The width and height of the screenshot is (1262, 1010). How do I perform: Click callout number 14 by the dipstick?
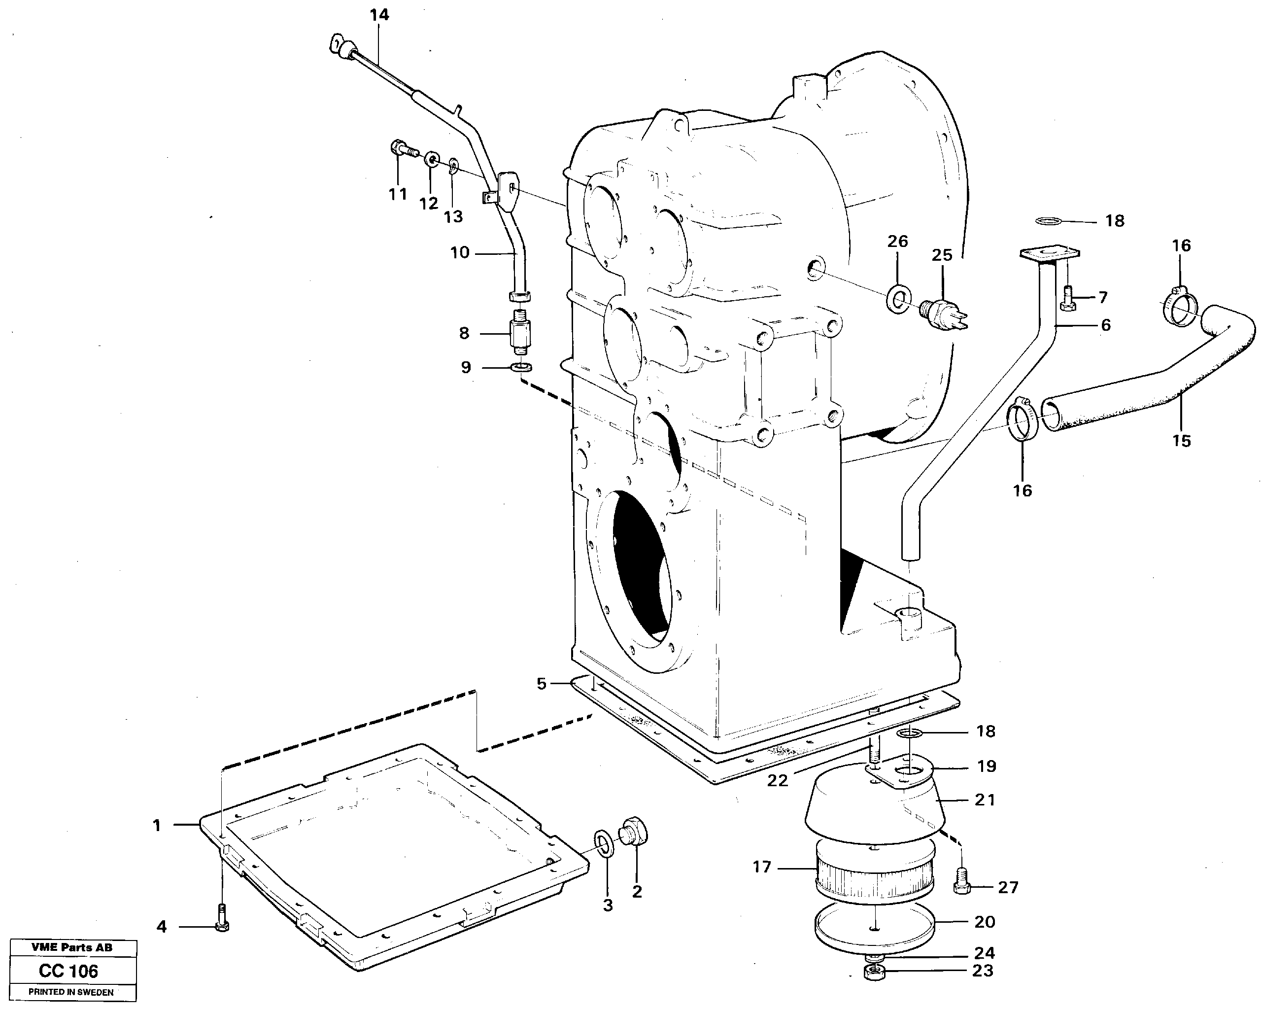click(x=379, y=15)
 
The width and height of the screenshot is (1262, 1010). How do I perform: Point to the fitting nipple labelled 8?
click(x=520, y=333)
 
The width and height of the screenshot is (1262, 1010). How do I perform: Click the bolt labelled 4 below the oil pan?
click(x=222, y=920)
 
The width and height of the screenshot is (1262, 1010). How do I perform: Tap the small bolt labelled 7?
click(x=1067, y=298)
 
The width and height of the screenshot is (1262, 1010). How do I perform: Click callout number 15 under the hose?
click(x=1181, y=440)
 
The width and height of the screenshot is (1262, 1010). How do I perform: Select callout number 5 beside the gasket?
click(x=542, y=683)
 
